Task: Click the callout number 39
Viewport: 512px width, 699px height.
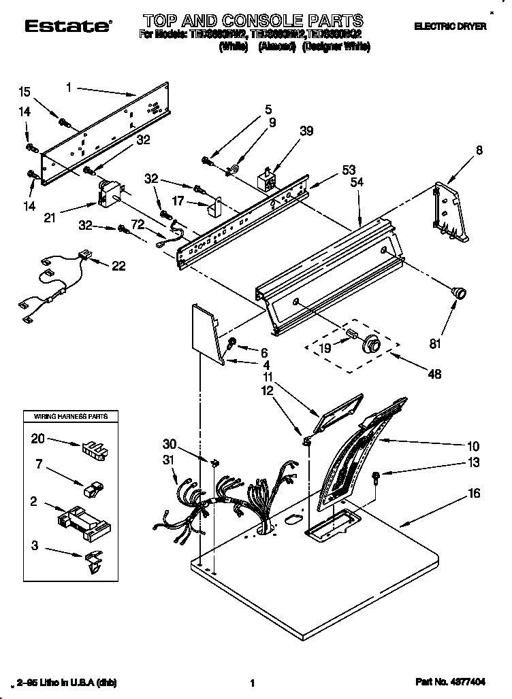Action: point(306,131)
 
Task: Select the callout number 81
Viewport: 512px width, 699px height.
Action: point(435,344)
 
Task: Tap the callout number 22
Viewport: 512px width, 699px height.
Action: point(118,266)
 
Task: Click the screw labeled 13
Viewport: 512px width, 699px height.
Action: point(377,477)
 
